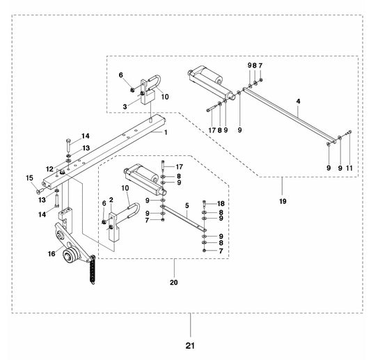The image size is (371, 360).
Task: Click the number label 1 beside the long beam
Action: pyautogui.click(x=166, y=132)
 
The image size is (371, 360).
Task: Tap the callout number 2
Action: pyautogui.click(x=111, y=200)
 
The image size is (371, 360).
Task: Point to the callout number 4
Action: pyautogui.click(x=297, y=102)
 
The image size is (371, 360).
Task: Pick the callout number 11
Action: pyautogui.click(x=349, y=167)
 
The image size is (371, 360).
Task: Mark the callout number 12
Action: pyautogui.click(x=49, y=168)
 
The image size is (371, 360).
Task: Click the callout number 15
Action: pyautogui.click(x=30, y=178)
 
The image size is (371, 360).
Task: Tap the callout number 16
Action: pyautogui.click(x=52, y=255)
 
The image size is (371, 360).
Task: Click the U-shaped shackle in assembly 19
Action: pyautogui.click(x=154, y=82)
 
